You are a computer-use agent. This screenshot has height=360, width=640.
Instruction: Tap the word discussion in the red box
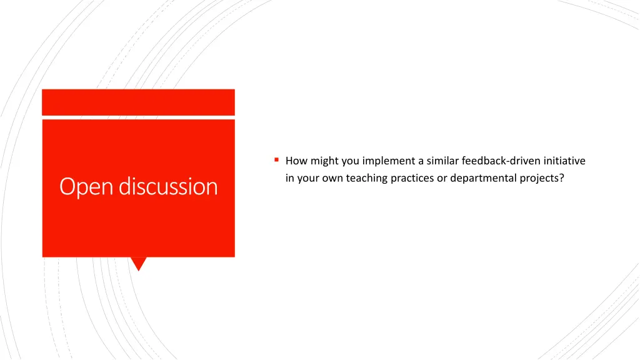tap(168, 186)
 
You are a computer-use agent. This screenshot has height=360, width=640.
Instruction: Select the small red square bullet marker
tap(276, 159)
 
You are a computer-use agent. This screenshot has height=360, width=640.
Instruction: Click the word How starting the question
tap(296, 161)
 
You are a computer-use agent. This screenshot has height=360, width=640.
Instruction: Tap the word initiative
tap(564, 161)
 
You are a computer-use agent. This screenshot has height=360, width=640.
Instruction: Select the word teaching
tap(366, 179)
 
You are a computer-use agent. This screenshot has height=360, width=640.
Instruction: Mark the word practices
tap(412, 179)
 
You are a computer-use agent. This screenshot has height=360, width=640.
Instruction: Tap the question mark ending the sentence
tap(562, 178)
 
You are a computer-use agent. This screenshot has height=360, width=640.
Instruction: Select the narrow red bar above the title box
tap(138, 102)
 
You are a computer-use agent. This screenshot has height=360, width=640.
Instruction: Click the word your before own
tap(308, 179)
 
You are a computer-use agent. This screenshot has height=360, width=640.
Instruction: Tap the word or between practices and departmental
tap(442, 179)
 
